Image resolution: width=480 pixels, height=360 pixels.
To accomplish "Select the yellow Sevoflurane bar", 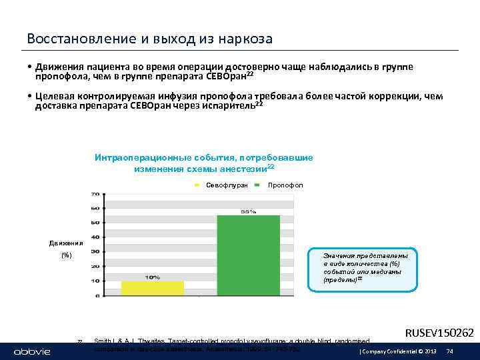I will pyautogui.click(x=152, y=287).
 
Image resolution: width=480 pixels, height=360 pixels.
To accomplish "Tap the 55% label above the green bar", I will pyautogui.click(x=249, y=211).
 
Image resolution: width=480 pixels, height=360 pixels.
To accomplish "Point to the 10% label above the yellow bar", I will pyautogui.click(x=152, y=277).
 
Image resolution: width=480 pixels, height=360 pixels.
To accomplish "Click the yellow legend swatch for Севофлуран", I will pyautogui.click(x=198, y=184).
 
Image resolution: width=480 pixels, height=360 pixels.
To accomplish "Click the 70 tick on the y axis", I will pyautogui.click(x=95, y=194).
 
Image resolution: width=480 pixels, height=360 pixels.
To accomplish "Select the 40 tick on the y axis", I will pyautogui.click(x=95, y=237).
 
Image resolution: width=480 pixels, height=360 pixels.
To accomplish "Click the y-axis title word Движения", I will pyautogui.click(x=66, y=243).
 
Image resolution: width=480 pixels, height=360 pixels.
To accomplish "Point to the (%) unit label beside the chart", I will pyautogui.click(x=66, y=255).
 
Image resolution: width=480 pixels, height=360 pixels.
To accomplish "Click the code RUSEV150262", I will pyautogui.click(x=439, y=332).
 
